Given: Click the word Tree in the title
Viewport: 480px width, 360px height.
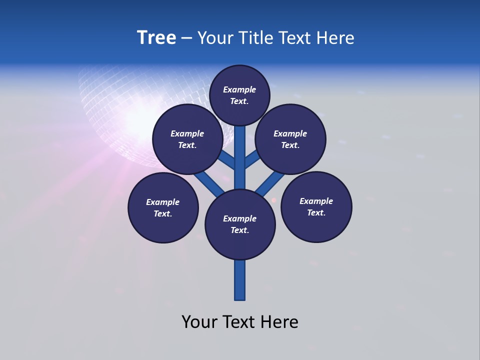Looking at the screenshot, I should [x=156, y=38].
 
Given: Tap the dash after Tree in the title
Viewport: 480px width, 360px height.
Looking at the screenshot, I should [x=186, y=38].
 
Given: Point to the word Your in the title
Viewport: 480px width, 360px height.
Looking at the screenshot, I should [x=214, y=38].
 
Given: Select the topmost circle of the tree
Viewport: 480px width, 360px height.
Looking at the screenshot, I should [x=239, y=95].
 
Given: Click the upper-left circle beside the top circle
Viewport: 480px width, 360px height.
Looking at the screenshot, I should [x=187, y=139].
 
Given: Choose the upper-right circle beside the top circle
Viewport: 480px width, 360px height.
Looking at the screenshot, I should [x=290, y=139].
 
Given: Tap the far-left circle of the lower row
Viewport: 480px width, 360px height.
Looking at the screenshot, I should [x=163, y=207].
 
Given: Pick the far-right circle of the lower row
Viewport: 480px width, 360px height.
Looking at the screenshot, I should [x=316, y=206].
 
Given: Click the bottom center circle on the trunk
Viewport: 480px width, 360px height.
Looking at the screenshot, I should [x=240, y=224].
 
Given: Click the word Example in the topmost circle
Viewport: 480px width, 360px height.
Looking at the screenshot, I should [x=239, y=89].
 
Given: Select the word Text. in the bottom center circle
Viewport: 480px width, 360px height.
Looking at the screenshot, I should [x=239, y=230].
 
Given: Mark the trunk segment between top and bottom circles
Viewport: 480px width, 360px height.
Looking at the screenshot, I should [x=240, y=157].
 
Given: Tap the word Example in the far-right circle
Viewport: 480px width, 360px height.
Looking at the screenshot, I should [x=316, y=201].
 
